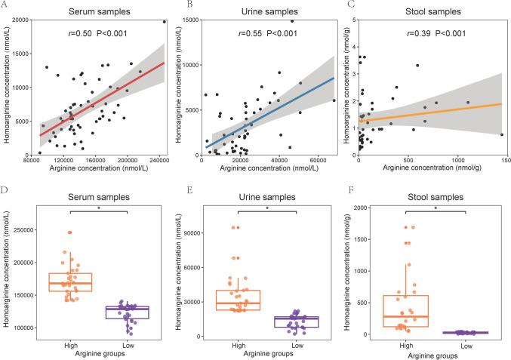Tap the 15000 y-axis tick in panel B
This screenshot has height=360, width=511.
(x=188, y=20)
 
